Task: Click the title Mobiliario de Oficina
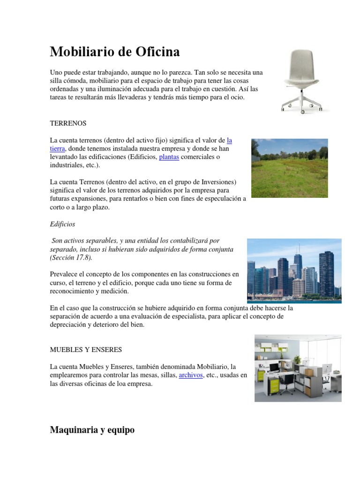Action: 114,52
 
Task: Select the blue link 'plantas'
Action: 169,157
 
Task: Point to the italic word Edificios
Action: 62,224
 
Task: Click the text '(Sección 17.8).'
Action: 71,258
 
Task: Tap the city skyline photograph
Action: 294,270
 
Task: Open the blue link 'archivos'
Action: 191,375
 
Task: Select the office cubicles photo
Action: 298,368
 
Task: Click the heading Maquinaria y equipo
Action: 92,430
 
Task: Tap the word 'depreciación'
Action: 68,325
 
